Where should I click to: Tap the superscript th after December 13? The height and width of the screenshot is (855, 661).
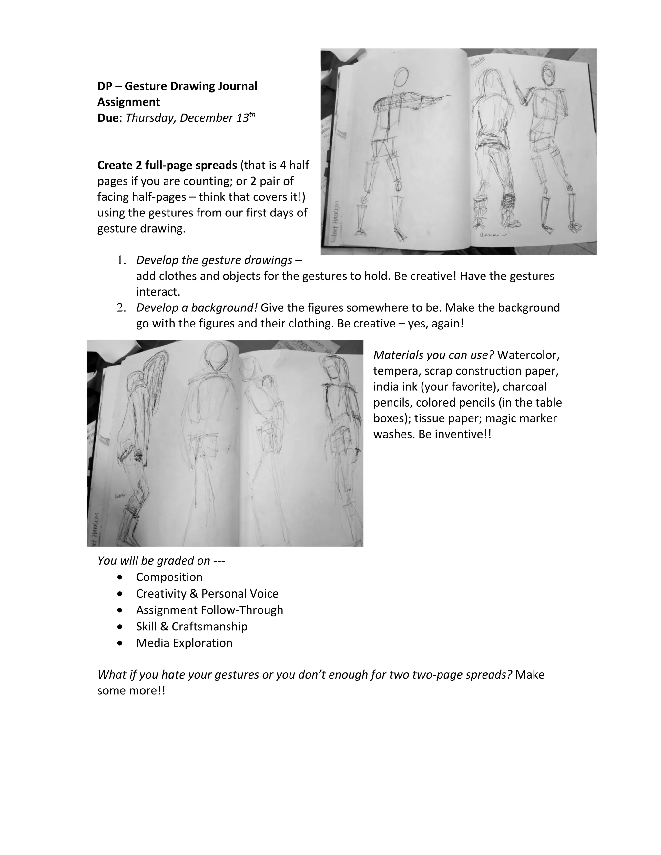(x=252, y=114)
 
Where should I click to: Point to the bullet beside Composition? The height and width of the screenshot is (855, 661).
(x=119, y=578)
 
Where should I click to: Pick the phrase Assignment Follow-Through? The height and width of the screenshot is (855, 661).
(x=209, y=610)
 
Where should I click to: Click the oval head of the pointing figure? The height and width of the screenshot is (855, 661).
(x=402, y=77)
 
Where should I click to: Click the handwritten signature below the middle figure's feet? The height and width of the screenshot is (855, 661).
(x=492, y=235)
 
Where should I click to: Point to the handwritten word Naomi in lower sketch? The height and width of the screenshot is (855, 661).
(x=120, y=496)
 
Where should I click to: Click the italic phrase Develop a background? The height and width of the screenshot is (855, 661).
(x=197, y=308)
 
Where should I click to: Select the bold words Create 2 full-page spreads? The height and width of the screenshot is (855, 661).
(x=167, y=165)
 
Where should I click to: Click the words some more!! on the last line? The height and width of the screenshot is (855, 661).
(x=131, y=690)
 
